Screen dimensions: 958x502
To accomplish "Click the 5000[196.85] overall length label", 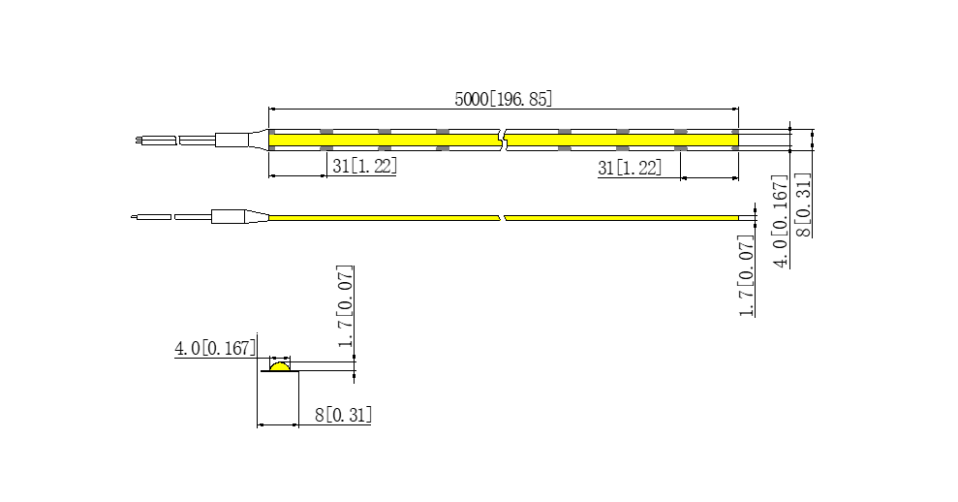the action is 504,99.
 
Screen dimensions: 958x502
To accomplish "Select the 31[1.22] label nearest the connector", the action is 365,166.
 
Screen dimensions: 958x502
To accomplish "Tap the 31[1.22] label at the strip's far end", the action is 630,168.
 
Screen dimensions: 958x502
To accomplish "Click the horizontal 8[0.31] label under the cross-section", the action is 343,415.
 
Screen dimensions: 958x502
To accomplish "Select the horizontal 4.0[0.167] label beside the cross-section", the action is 215,349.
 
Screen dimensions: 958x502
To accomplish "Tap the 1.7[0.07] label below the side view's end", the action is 747,276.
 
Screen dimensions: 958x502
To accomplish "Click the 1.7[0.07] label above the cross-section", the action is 346,306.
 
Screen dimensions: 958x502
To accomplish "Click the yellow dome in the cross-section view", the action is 280,366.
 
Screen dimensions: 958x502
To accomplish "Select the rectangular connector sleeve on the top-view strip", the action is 232,140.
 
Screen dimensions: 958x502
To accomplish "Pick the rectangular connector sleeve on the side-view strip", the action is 229,216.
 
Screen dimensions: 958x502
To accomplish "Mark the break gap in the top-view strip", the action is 503,140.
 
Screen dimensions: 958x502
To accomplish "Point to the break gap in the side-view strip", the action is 502,218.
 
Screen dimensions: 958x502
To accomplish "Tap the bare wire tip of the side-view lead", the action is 134,216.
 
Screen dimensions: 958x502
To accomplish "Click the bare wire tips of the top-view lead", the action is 139,141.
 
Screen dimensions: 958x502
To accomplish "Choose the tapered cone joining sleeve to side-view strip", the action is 258,216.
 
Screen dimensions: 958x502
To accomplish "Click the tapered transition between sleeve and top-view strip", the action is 259,140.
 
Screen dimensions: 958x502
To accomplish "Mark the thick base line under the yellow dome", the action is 280,371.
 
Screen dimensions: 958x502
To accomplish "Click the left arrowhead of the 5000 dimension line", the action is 273,110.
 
